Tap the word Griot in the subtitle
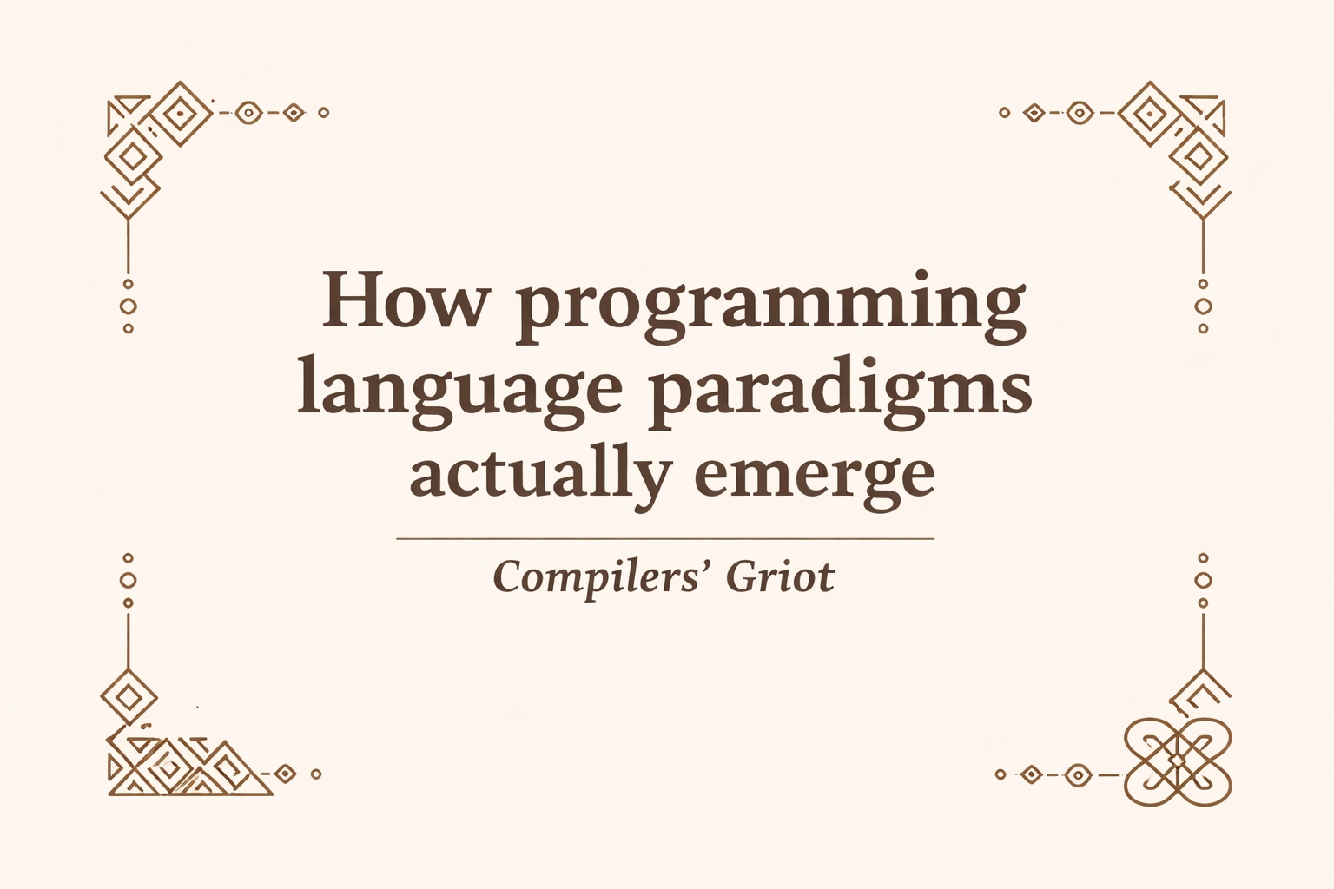[x=779, y=577]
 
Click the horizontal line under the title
[x=664, y=539]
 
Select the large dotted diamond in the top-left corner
[x=179, y=112]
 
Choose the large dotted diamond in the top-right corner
[x=1151, y=113]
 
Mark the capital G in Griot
[x=743, y=577]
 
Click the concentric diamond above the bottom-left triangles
[x=129, y=697]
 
